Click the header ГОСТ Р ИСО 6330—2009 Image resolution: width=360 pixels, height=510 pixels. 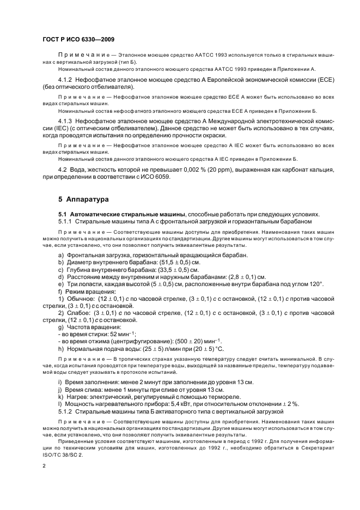[x=78, y=40]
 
